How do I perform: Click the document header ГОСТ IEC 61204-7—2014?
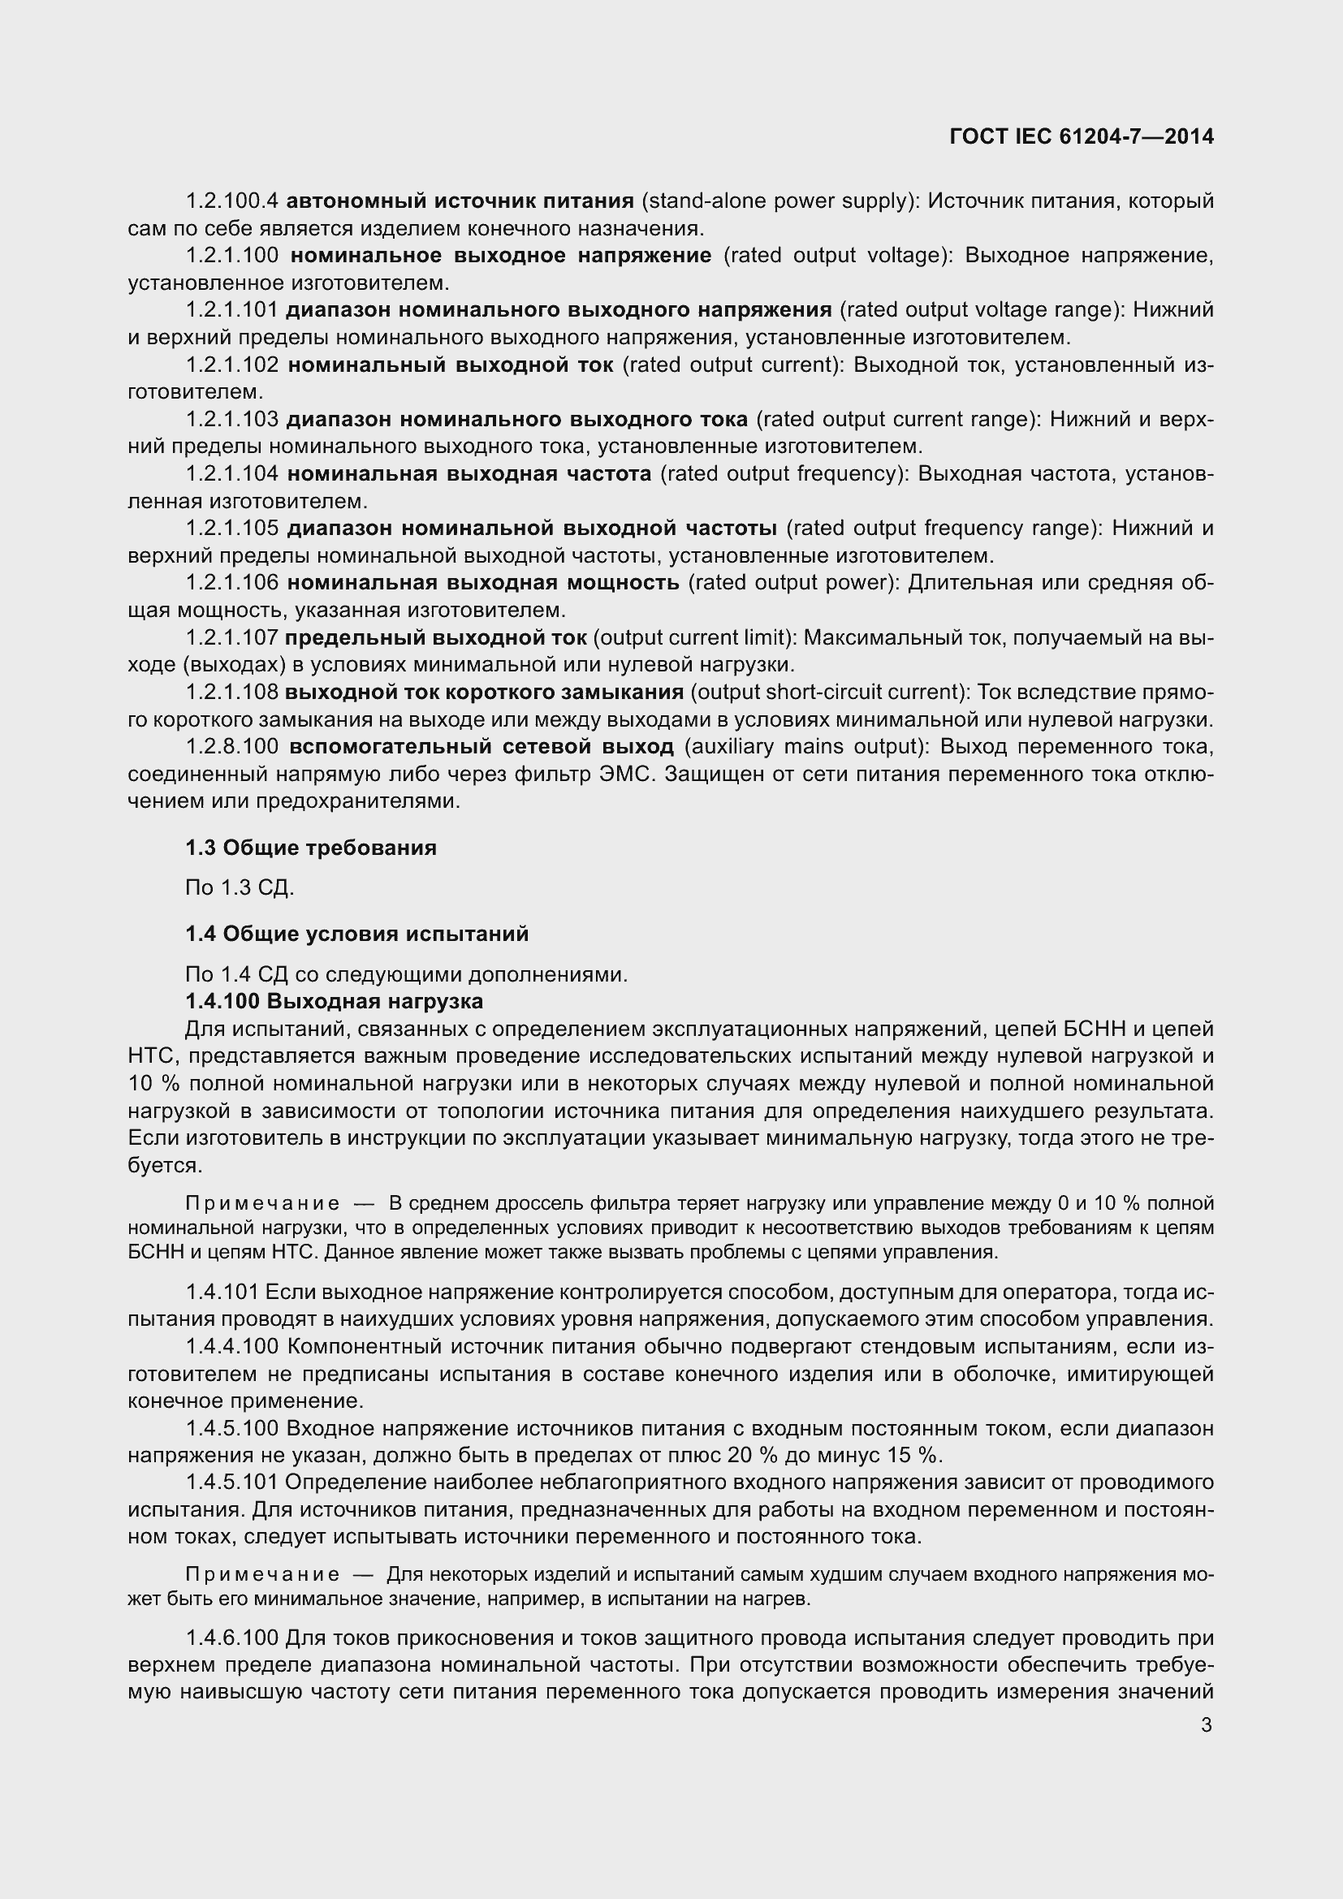click(1081, 136)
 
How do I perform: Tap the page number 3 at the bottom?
click(1206, 1724)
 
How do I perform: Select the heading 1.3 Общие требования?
click(310, 848)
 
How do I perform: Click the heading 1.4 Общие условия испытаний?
click(356, 934)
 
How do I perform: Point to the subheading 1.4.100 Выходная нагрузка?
click(334, 1002)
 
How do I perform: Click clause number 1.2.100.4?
click(231, 201)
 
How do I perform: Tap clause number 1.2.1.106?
click(231, 583)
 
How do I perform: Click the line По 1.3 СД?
click(240, 888)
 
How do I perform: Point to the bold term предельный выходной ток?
click(436, 637)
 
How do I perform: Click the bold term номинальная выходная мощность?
click(483, 583)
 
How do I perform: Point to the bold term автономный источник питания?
click(460, 201)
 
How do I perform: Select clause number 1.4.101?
click(222, 1293)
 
